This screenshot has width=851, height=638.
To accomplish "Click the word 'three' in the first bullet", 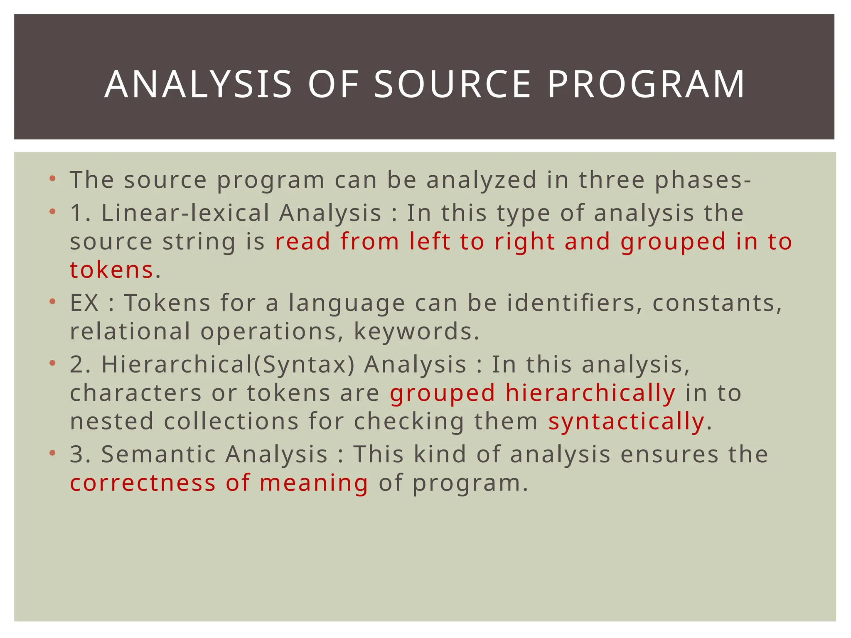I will click(612, 180).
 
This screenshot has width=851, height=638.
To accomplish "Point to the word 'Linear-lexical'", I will click(185, 213).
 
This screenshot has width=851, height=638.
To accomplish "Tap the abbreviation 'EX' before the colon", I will click(84, 302).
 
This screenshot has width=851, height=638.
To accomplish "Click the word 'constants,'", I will click(718, 302).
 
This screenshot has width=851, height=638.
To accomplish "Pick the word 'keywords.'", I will click(417, 331).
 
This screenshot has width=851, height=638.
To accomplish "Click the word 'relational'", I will click(130, 331).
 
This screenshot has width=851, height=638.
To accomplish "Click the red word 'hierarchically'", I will click(590, 393).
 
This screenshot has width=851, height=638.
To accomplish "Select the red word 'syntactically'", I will click(626, 421).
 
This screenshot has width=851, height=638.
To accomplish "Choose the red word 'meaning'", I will click(314, 483).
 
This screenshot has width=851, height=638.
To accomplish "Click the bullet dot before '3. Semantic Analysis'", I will click(52, 453).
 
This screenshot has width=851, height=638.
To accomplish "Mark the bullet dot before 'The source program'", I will click(52, 179).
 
